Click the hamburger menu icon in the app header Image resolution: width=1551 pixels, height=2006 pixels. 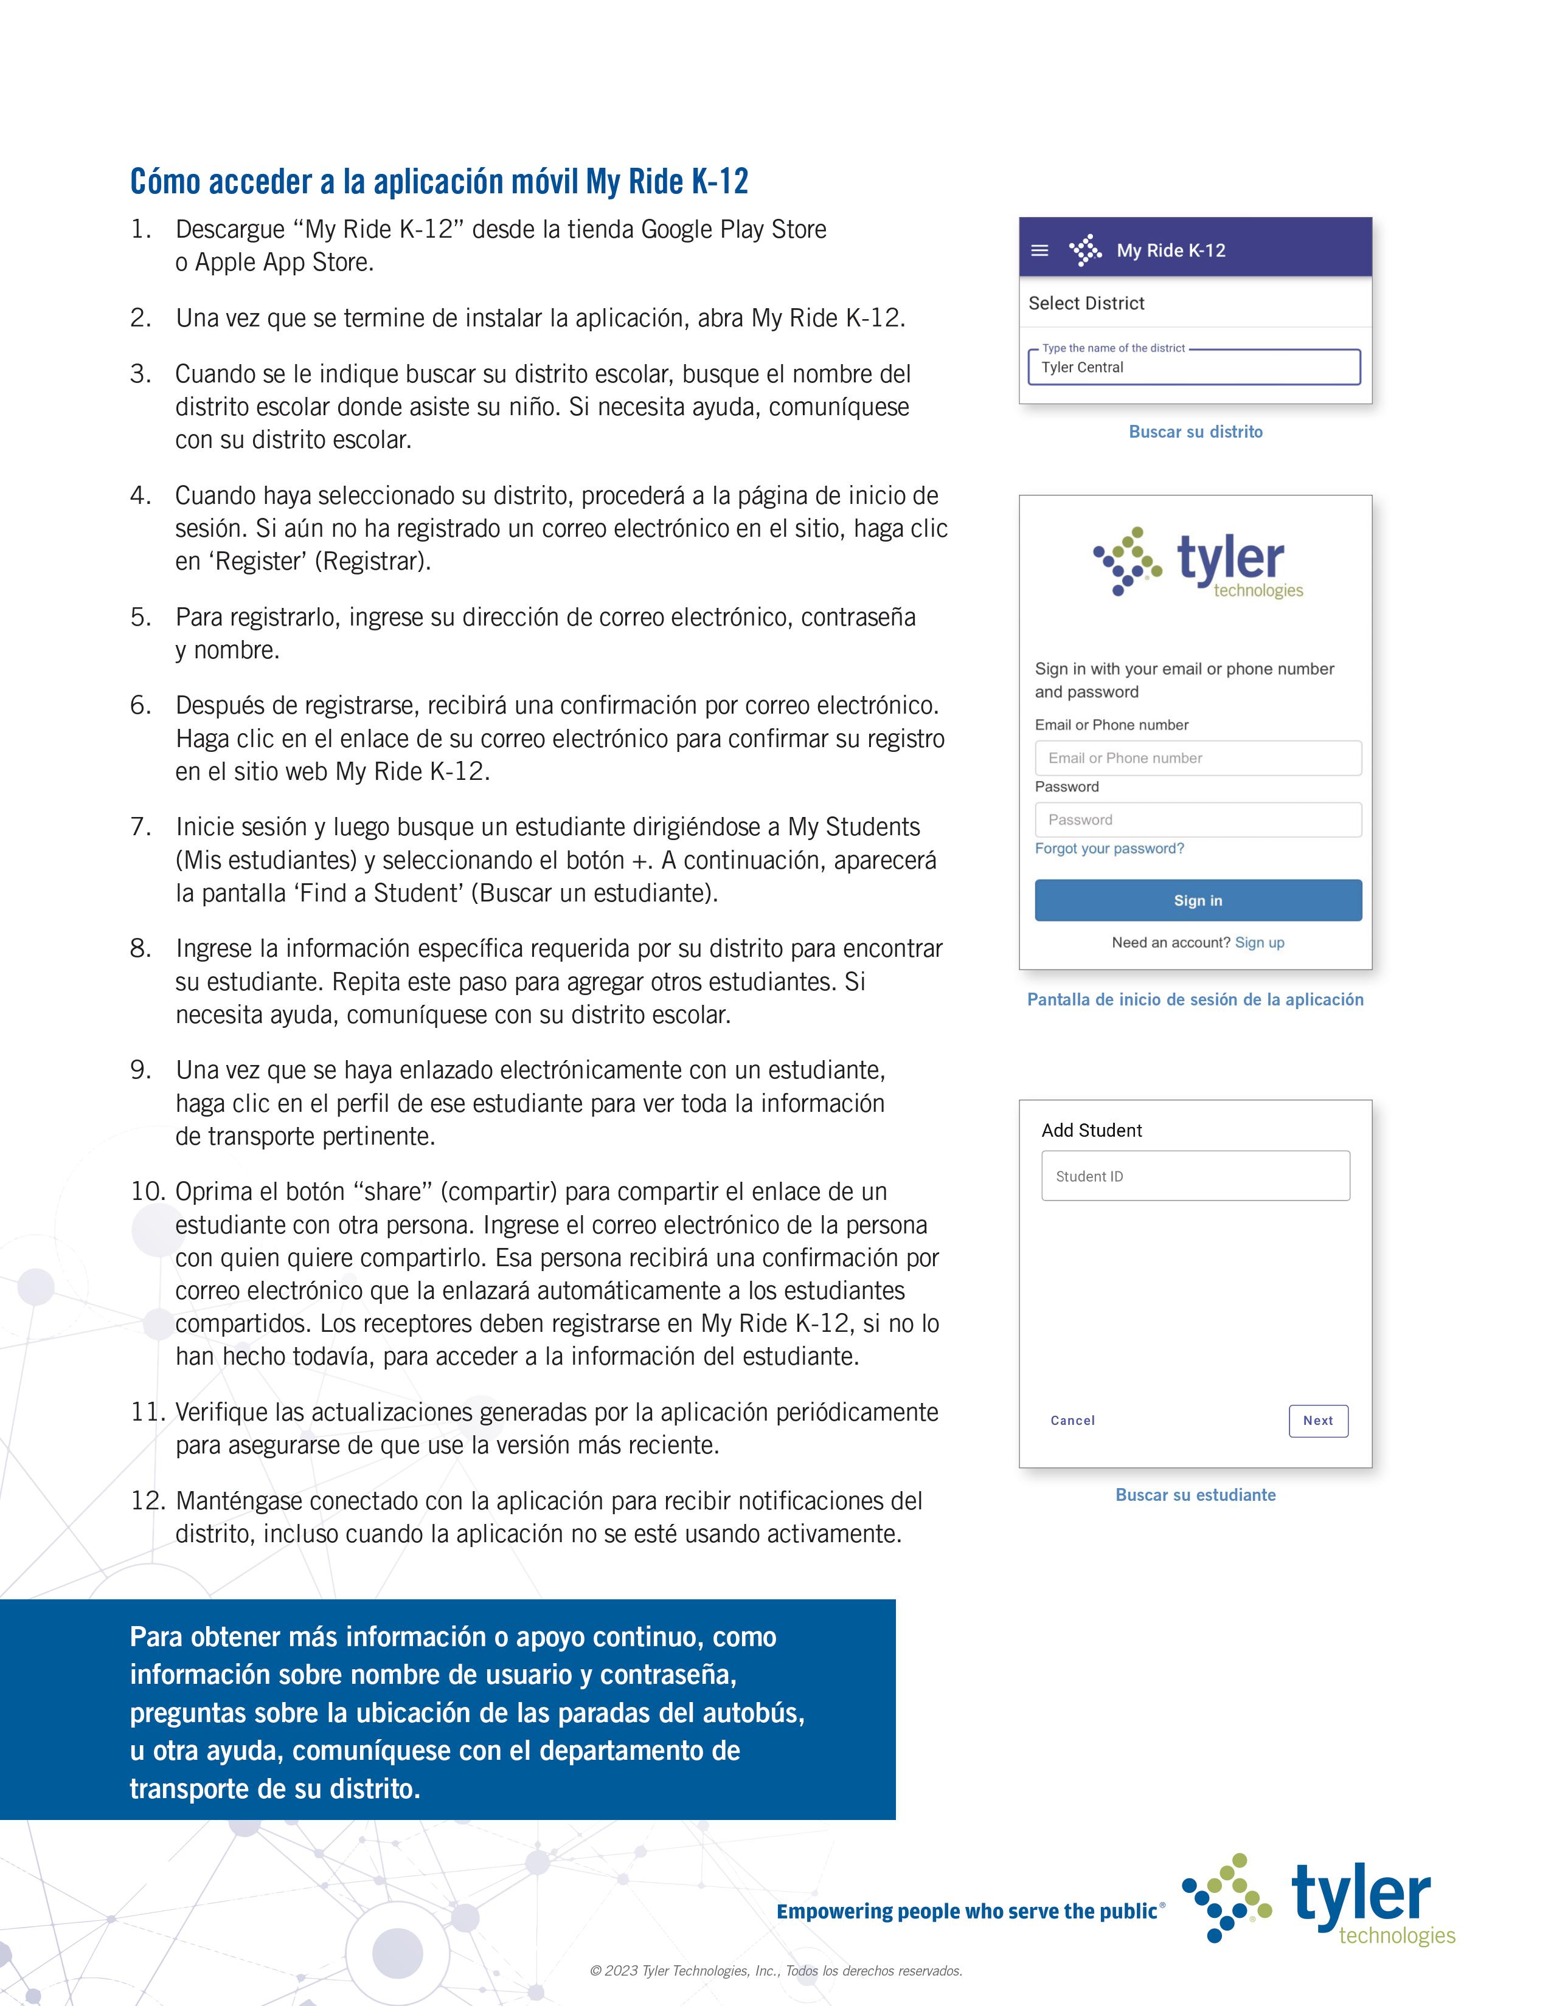coord(1039,250)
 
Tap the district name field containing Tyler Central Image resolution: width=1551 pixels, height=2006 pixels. coord(1193,367)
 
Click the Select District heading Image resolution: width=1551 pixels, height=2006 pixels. coord(1086,303)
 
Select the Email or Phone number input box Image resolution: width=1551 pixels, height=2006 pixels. coord(1197,758)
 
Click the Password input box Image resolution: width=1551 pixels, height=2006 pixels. coord(1197,819)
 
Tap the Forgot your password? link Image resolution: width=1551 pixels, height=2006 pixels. coord(1109,849)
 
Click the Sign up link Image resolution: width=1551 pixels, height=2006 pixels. coord(1259,942)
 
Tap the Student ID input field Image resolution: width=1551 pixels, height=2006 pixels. coord(1195,1176)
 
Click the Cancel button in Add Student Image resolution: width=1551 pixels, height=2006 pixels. coord(1072,1420)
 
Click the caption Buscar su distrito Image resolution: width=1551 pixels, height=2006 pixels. coord(1195,432)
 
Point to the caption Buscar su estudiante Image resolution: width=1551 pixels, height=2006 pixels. coord(1195,1494)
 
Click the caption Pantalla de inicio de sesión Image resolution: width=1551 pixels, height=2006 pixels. coord(1195,999)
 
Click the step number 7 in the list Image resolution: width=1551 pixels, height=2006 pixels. coord(141,827)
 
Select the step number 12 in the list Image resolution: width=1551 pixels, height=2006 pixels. coord(147,1501)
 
